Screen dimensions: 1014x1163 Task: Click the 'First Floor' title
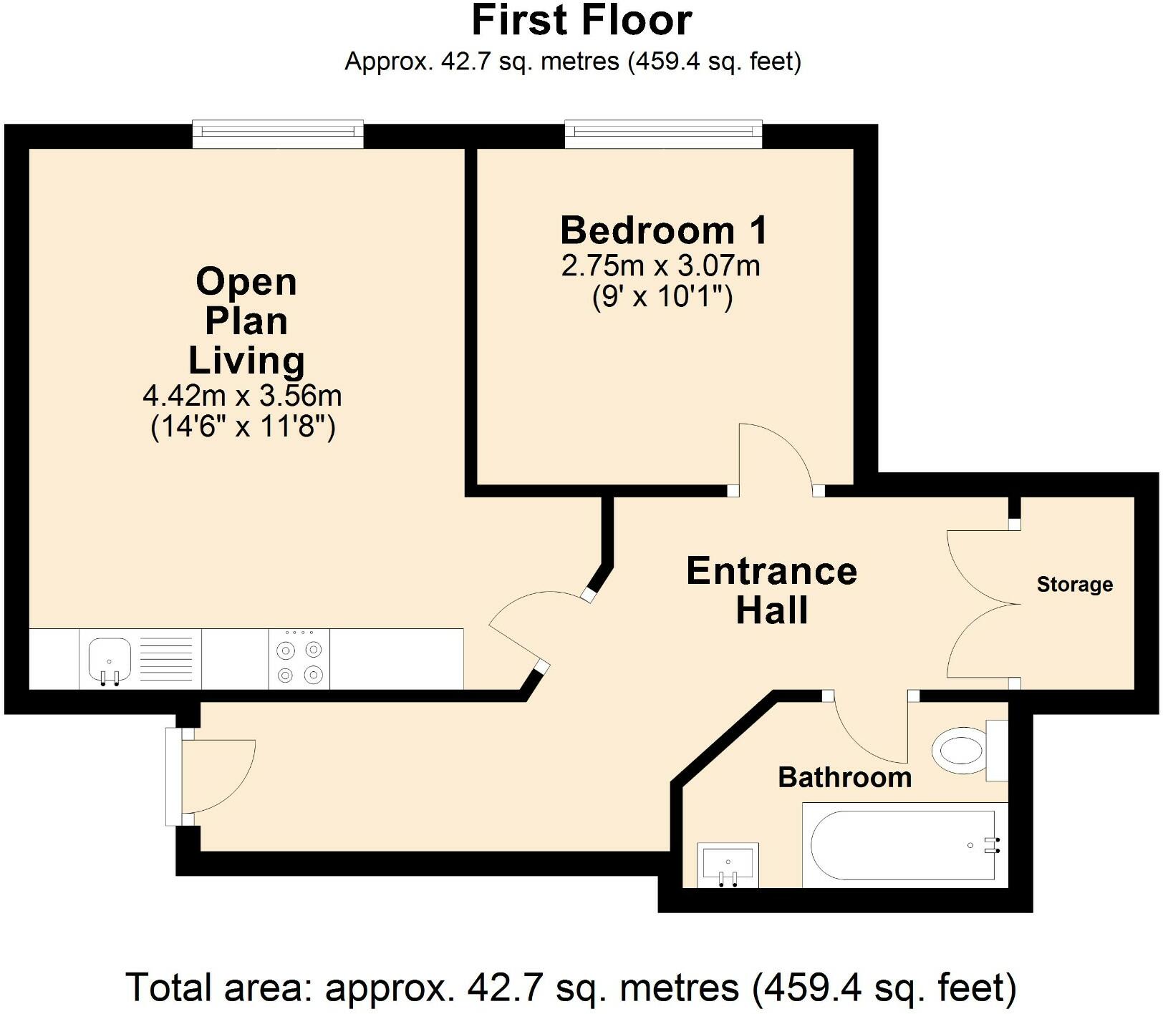[x=581, y=21]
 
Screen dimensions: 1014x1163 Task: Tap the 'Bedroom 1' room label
[x=663, y=230]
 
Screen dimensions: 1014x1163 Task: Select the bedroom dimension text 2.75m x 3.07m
[x=660, y=266]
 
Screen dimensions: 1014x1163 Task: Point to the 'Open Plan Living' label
[x=246, y=321]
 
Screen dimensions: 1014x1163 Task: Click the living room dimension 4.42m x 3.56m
[x=242, y=395]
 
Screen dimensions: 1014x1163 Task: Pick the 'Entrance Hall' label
[x=771, y=590]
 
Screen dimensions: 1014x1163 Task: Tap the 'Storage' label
[x=1074, y=585]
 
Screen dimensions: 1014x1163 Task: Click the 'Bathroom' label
[x=844, y=777]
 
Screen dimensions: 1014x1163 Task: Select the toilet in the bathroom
[x=962, y=751]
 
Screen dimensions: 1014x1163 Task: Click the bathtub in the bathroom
[x=902, y=845]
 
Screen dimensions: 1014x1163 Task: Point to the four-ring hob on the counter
[x=299, y=659]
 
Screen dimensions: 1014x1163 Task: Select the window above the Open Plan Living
[x=278, y=134]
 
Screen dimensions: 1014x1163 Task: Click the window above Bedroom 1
[x=663, y=134]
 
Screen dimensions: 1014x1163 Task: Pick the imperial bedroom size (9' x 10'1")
[x=662, y=296]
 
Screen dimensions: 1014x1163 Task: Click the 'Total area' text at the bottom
[x=571, y=988]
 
